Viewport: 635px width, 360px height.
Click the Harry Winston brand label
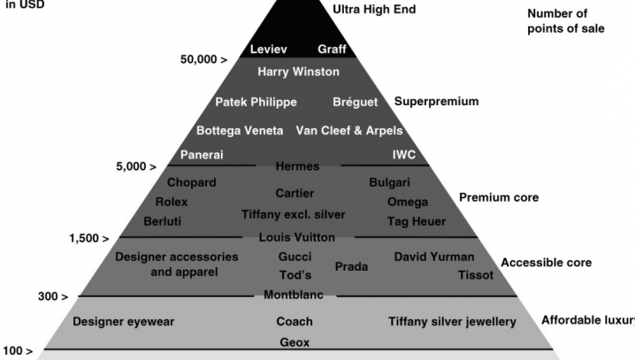[292, 72]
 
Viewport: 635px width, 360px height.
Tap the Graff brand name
[333, 49]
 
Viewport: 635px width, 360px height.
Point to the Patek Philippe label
[256, 102]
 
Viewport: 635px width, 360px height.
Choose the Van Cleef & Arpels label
[348, 130]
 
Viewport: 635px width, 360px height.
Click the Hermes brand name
[297, 166]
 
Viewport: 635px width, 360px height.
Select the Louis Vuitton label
[296, 237]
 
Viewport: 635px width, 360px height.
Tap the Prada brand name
[351, 265]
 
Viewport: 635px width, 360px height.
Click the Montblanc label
[294, 295]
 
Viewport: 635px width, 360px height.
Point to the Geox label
[294, 341]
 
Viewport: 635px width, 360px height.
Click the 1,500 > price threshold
[89, 238]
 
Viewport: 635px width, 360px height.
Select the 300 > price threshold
[54, 295]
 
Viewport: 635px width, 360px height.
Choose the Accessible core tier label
[546, 263]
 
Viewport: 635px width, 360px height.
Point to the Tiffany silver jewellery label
[452, 321]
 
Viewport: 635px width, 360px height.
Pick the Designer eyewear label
[123, 321]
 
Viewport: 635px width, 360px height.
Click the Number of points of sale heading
[566, 21]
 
